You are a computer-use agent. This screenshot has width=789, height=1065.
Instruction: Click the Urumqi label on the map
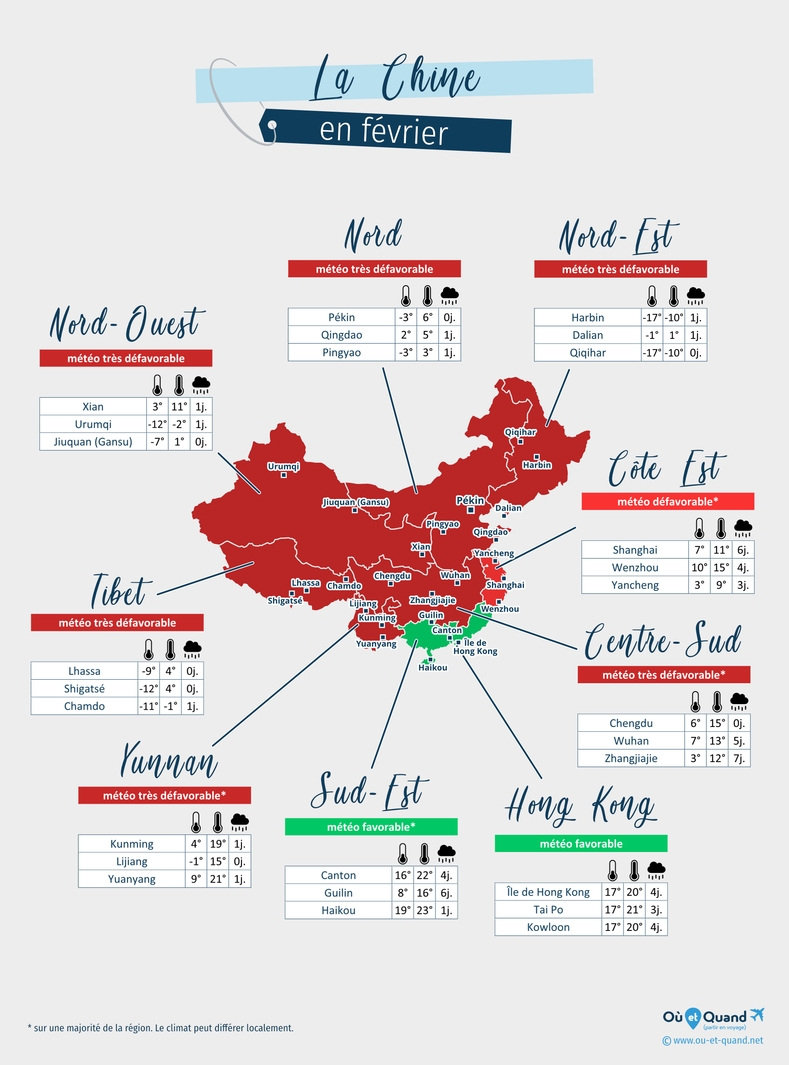(283, 466)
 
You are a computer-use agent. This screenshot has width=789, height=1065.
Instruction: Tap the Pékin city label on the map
(470, 500)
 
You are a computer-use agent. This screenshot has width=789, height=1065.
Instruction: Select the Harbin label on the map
(537, 465)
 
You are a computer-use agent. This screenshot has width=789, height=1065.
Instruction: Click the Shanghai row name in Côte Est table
(635, 550)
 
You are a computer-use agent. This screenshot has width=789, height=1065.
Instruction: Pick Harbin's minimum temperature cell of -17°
(651, 318)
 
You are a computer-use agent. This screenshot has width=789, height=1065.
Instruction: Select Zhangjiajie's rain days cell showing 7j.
(739, 759)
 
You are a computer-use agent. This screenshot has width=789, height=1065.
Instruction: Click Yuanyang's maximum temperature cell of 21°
(218, 879)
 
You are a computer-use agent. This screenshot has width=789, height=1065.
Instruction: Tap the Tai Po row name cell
(548, 910)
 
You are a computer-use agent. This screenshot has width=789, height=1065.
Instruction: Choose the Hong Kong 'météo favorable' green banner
(581, 844)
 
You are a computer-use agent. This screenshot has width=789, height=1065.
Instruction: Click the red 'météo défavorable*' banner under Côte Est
(667, 501)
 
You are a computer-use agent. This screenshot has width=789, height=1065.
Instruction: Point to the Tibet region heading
(120, 591)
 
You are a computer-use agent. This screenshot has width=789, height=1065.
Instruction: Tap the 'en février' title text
(384, 131)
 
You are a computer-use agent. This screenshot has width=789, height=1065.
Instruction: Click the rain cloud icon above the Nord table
(449, 295)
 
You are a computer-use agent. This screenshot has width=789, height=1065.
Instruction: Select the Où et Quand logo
(712, 1018)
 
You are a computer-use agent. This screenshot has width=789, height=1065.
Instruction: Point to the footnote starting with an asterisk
(161, 1028)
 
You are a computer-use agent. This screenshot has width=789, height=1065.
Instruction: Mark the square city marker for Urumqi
(284, 475)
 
